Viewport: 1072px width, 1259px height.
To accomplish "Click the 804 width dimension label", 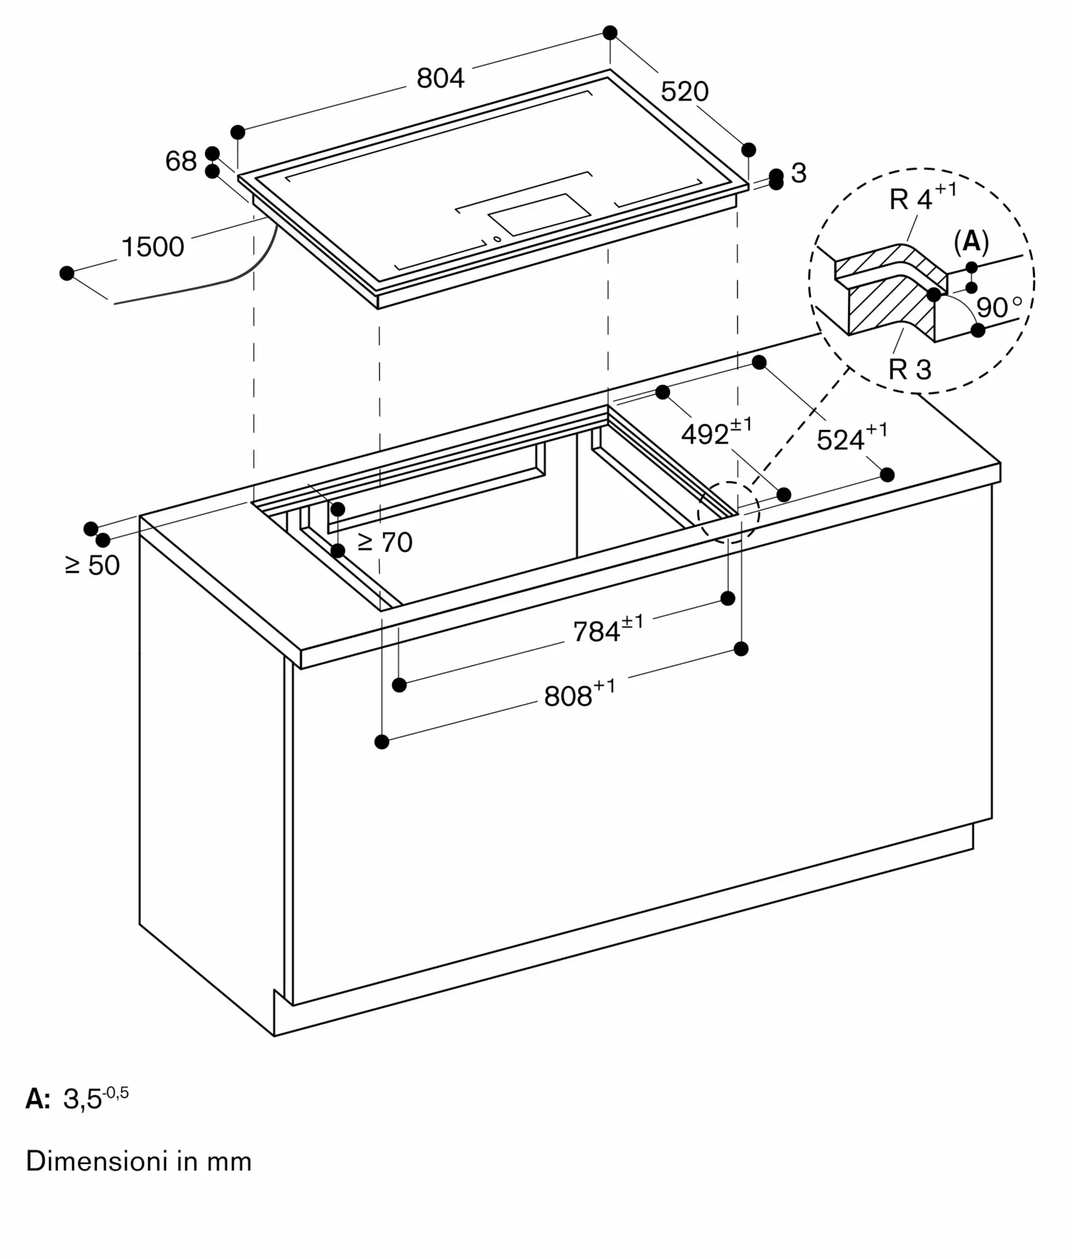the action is tap(440, 78).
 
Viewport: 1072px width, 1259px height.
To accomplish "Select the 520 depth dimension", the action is tap(684, 92).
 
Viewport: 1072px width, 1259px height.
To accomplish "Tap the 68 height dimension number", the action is tap(181, 161).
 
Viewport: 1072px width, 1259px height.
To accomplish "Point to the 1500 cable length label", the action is tap(152, 247).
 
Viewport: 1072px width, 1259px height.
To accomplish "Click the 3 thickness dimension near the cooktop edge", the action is tap(799, 173).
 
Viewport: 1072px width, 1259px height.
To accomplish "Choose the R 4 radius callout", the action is tap(922, 196).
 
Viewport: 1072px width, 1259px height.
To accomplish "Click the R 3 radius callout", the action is tap(909, 370).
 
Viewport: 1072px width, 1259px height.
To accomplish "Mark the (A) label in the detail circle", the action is tap(971, 241).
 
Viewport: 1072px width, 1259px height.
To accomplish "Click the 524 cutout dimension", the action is tap(852, 438).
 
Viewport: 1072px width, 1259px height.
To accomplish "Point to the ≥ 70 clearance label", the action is tap(385, 542).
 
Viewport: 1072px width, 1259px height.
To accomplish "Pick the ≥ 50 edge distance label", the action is tap(92, 565).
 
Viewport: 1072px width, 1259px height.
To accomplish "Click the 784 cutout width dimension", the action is tap(608, 629).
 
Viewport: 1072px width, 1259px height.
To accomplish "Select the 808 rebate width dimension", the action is tap(579, 694).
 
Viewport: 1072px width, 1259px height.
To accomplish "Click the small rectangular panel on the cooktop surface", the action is tap(539, 214).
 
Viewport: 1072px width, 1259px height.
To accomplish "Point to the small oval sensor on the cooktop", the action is tap(497, 239).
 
